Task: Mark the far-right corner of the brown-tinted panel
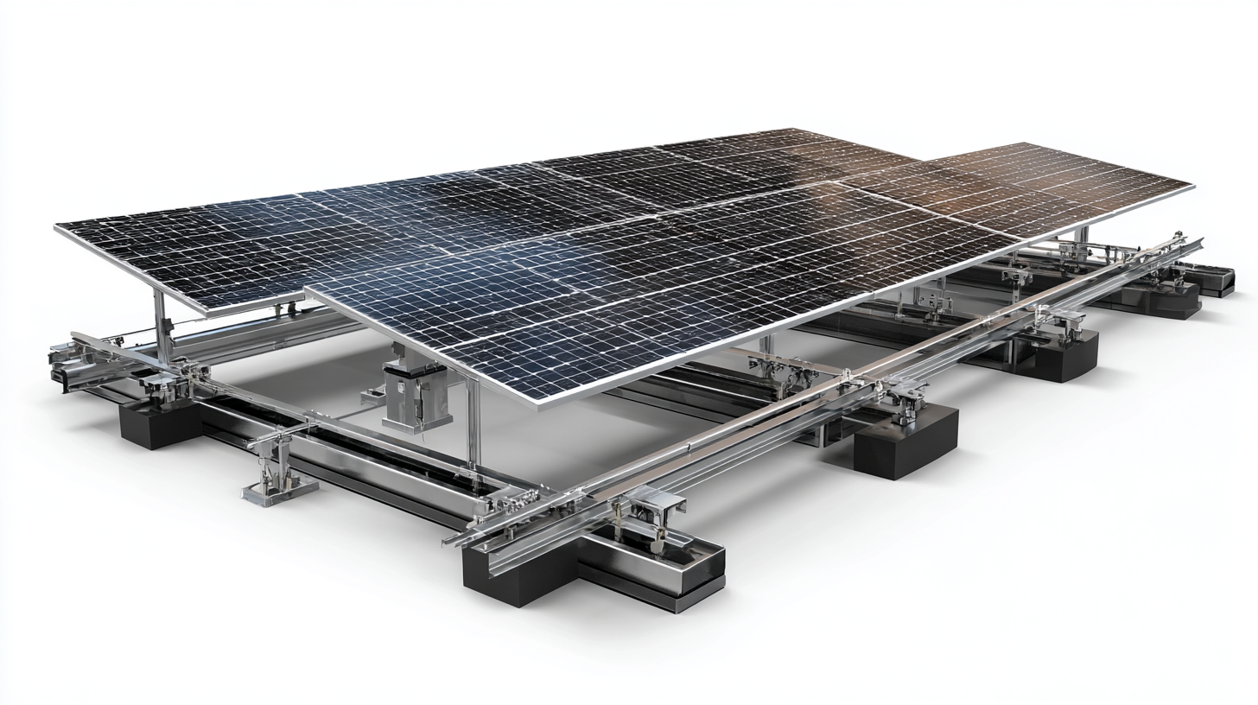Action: point(1193,185)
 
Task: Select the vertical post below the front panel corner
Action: point(473,423)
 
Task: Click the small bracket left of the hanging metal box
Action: point(372,397)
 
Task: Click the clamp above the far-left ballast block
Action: point(173,380)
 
